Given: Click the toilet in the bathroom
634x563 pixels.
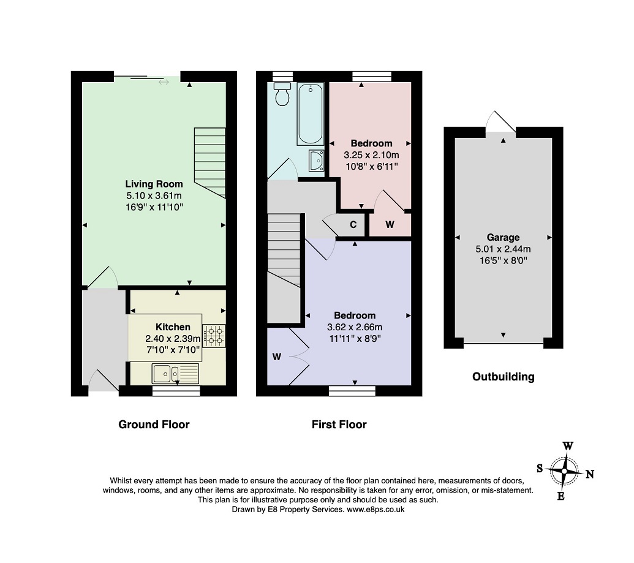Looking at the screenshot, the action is pos(282,94).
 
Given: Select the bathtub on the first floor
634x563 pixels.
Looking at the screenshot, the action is pos(311,114).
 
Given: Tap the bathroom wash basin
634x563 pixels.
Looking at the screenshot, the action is pos(316,161).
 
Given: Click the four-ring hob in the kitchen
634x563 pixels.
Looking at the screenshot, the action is pos(214,336).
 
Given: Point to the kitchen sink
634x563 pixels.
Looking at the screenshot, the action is pos(175,374).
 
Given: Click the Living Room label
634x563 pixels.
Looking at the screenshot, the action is pos(154,184).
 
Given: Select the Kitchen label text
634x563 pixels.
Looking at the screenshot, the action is pos(173,327).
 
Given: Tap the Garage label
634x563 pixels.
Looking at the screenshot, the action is pos(503,238).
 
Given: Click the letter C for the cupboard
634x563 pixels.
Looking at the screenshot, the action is pos(353,224).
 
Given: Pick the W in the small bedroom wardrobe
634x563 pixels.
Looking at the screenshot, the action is pos(390,224).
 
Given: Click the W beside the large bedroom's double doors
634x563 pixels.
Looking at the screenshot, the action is pos(276,357).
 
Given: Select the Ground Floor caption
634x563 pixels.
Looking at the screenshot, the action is pos(154,425).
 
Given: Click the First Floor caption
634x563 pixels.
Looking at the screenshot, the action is pos(339,425).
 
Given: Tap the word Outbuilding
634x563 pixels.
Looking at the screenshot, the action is pos(504,377).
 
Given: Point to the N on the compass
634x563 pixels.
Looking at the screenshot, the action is pos(590,474).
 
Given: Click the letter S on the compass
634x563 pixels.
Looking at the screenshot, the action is pos(540,469).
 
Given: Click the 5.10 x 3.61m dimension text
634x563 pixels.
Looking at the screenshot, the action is pos(154,196).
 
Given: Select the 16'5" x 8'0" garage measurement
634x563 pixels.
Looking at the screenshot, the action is pos(504,260).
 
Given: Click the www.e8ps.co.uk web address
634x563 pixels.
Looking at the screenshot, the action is pos(375,510).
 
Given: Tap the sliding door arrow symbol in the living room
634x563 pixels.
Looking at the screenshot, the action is pos(164,83).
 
